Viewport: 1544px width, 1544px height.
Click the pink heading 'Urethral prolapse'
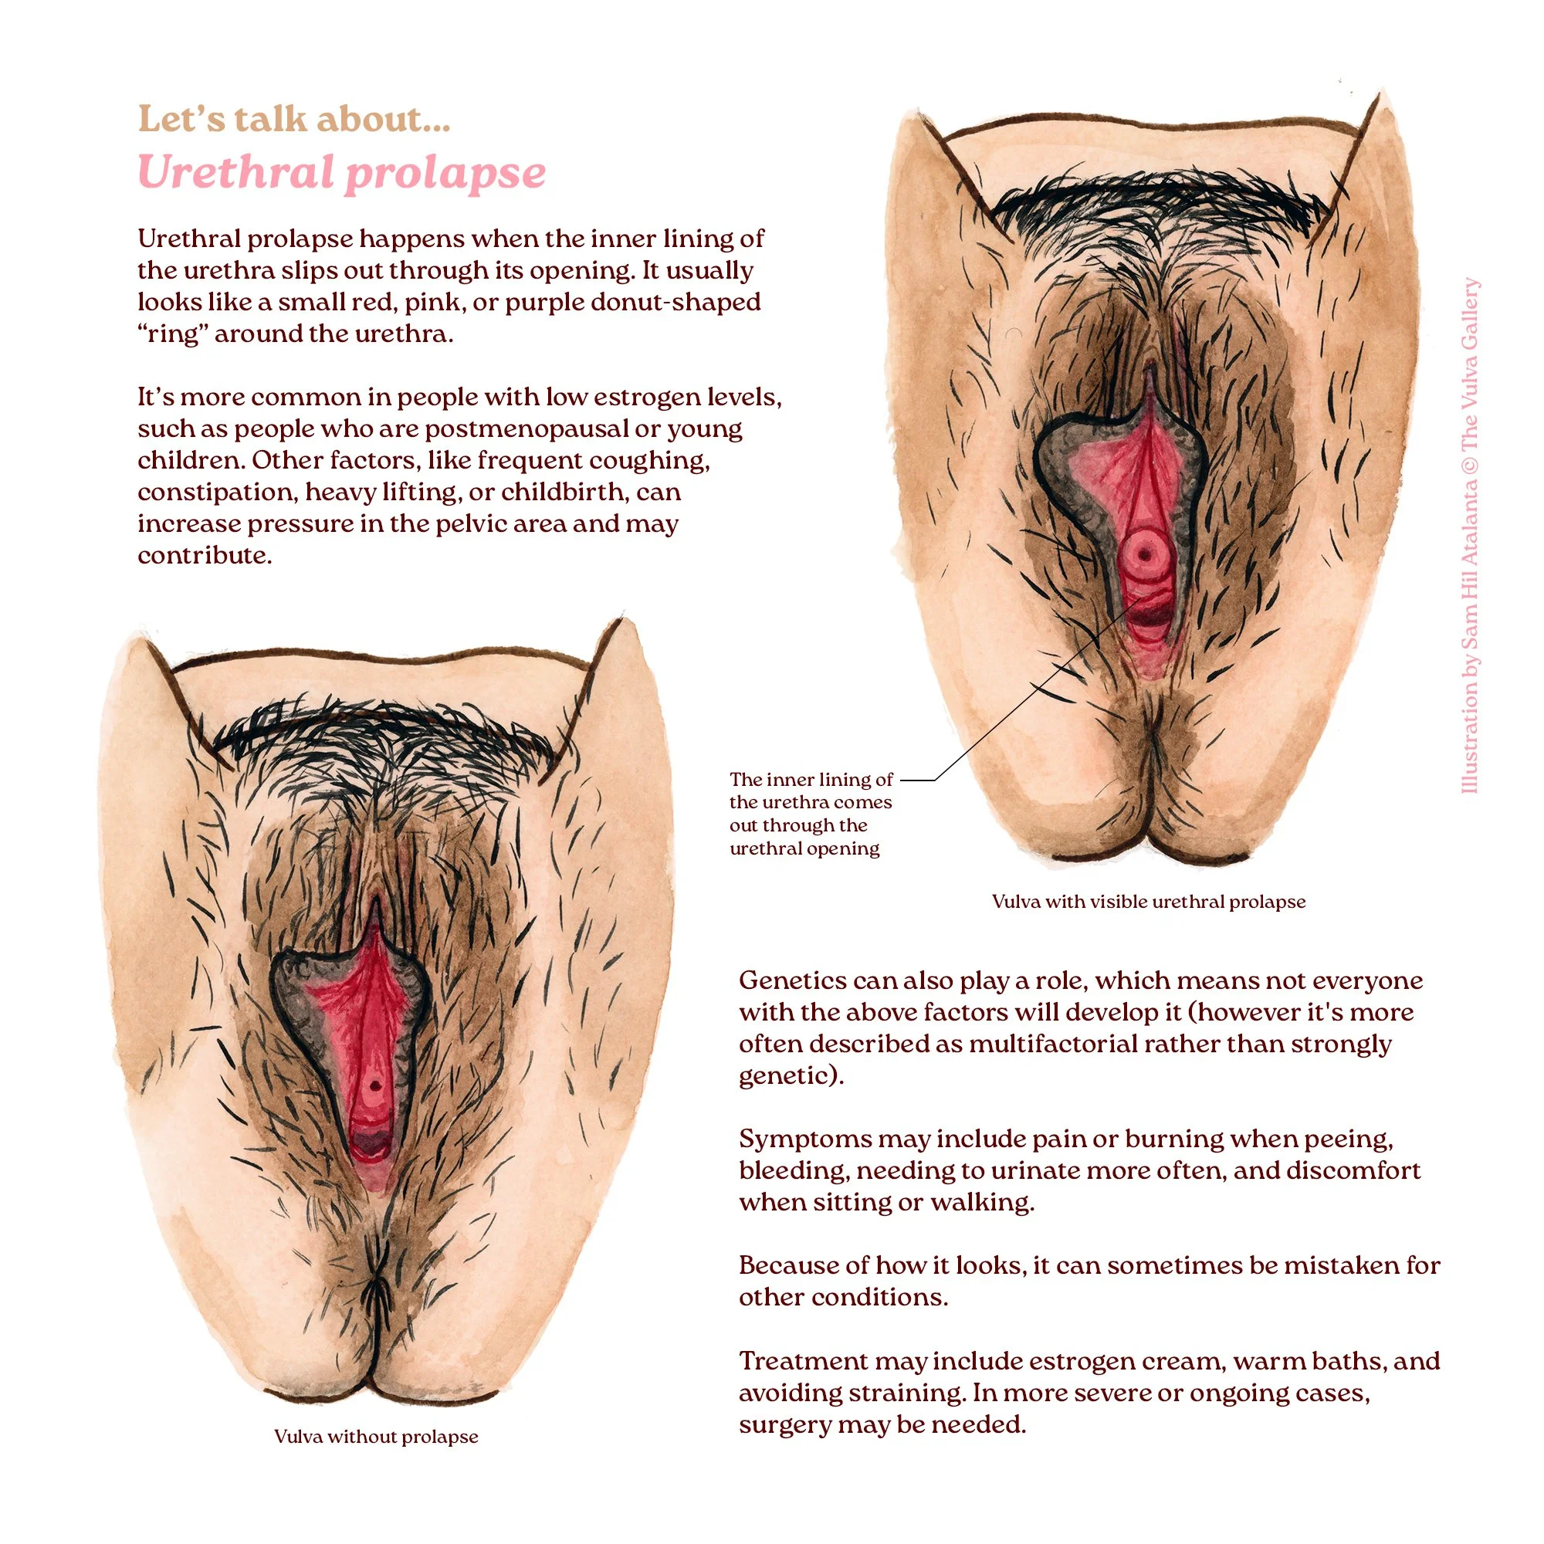(341, 172)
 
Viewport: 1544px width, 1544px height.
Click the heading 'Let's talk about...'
(293, 119)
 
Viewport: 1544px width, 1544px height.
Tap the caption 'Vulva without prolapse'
(376, 1436)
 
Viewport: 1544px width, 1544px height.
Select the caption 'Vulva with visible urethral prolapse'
(1149, 902)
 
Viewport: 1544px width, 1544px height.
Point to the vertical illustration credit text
(1470, 536)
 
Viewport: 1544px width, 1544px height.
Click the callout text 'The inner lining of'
(811, 779)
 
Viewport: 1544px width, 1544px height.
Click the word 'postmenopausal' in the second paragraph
(527, 428)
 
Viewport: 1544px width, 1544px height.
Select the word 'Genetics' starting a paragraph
(792, 980)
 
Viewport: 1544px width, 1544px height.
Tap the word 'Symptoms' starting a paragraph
(794, 1139)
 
